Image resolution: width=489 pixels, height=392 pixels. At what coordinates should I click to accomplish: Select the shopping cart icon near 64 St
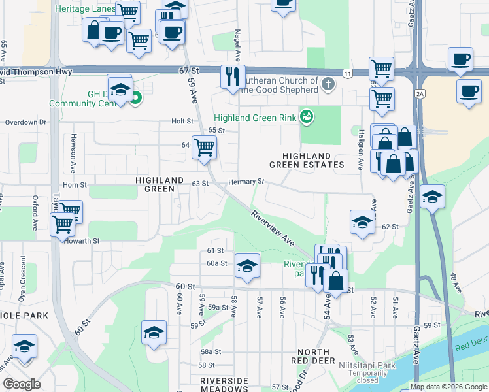(x=204, y=148)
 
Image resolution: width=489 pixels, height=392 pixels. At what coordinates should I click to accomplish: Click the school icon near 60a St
(x=246, y=265)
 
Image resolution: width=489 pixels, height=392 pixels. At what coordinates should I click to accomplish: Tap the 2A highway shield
(x=419, y=94)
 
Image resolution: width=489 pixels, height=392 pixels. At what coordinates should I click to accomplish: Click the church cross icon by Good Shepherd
(x=328, y=84)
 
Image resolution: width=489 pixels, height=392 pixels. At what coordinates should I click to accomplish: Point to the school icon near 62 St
(x=362, y=222)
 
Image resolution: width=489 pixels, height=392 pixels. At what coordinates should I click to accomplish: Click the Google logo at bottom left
(x=22, y=384)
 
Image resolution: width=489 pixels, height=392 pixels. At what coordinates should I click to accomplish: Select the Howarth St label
(x=82, y=240)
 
